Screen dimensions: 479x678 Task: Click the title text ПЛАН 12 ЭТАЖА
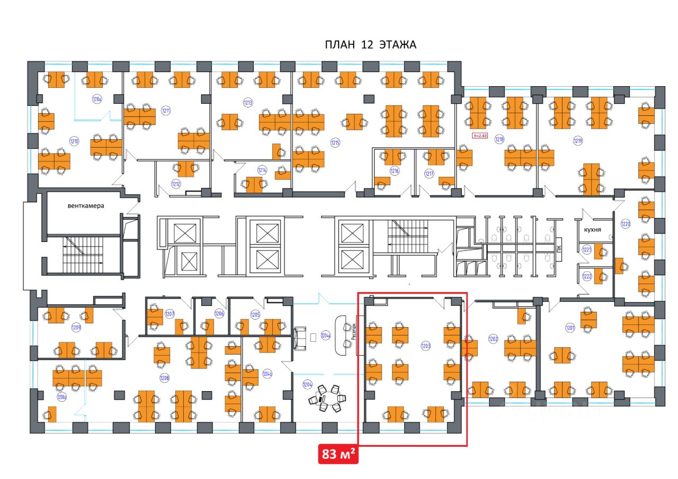370,45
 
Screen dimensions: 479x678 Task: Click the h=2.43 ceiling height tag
479,135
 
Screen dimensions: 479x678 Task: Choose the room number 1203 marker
425,346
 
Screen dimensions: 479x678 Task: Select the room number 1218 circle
499,140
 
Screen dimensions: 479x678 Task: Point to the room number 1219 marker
577,140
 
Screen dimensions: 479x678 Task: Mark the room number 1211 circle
166,111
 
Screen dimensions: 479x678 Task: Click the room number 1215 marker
335,142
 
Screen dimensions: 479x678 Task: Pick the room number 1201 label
570,328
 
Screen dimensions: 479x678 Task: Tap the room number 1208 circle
165,378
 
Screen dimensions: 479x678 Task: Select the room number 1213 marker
247,102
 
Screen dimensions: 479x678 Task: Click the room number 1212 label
176,184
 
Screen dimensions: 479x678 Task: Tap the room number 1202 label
493,338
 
